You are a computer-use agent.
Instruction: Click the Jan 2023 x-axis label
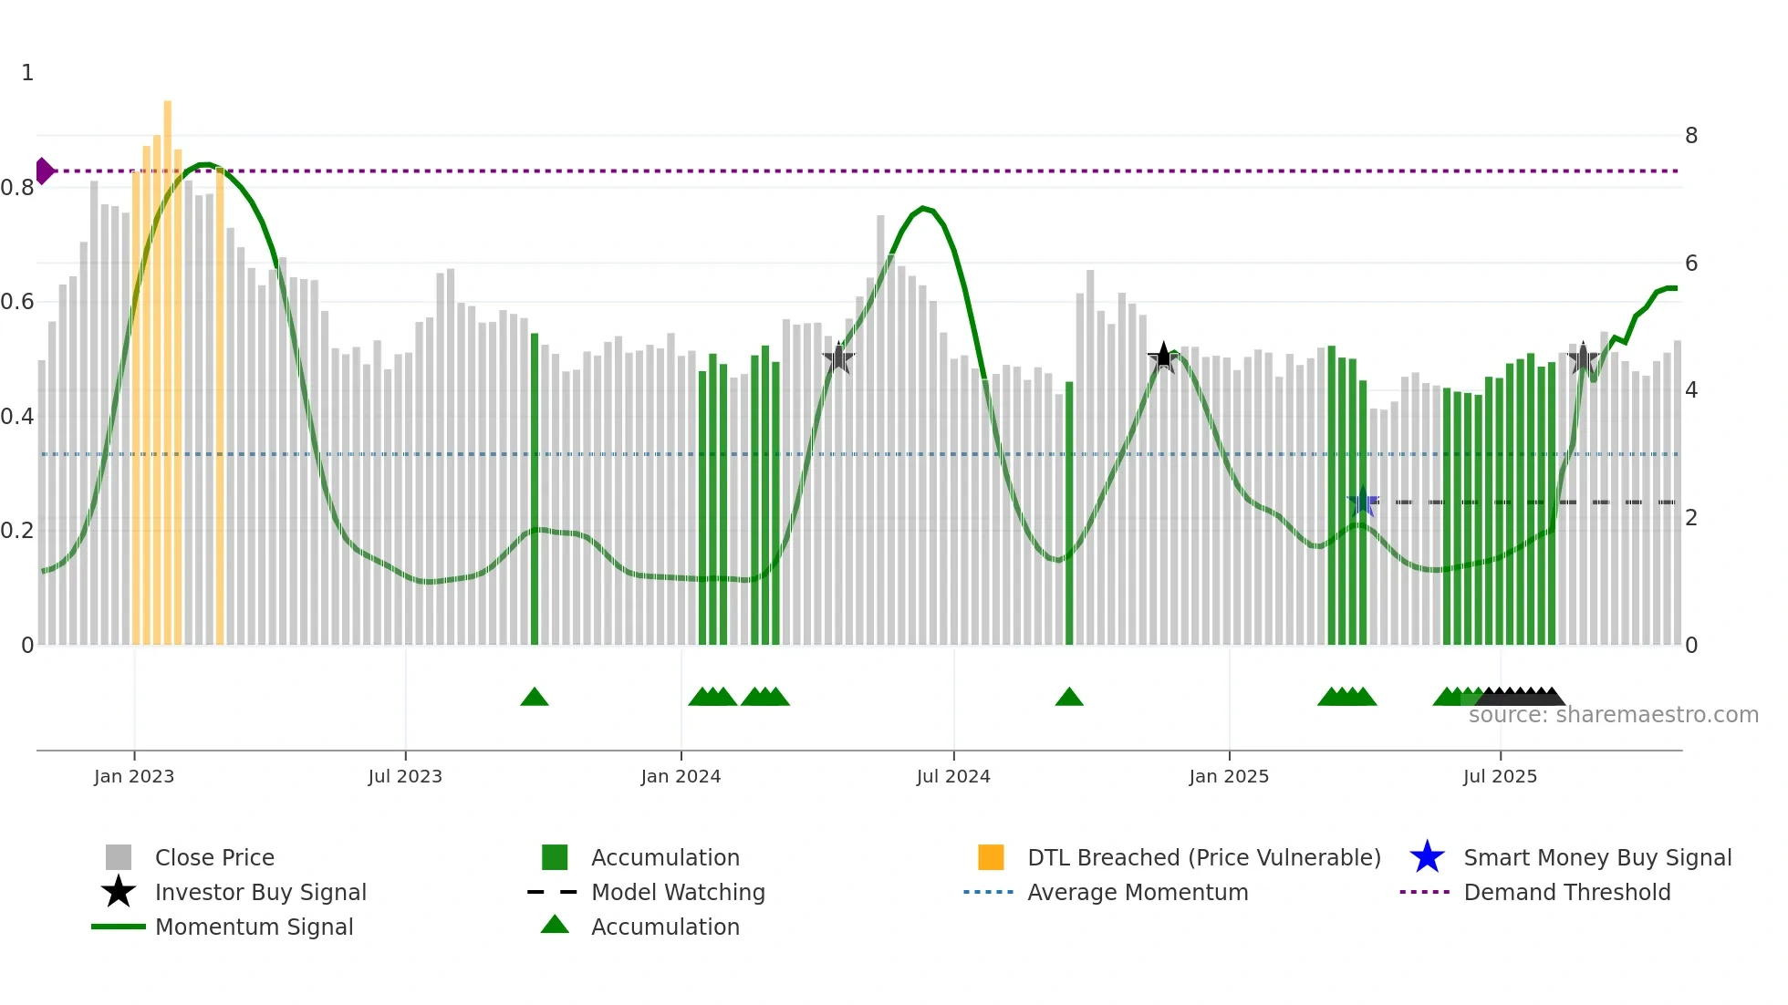coord(134,776)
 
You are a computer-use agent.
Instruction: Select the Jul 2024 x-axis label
coord(953,776)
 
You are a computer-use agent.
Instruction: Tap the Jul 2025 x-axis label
coord(1500,776)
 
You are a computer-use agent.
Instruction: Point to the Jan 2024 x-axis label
coord(681,776)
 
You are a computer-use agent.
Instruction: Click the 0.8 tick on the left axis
coord(17,188)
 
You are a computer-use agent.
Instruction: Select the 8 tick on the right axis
coord(1691,136)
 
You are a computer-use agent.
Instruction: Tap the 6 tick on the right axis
coord(1691,264)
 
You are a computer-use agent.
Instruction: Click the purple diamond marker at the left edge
coord(44,171)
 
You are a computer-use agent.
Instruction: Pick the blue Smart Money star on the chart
coord(1363,502)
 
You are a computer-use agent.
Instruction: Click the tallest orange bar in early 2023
coord(168,365)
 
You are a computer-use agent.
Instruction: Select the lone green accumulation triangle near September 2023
coord(535,698)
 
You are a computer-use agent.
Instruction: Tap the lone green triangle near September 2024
coord(1069,698)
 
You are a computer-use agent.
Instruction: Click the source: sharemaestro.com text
coord(1613,715)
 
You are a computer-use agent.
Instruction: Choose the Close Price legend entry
coord(214,857)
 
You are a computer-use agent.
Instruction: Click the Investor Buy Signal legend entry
coord(260,892)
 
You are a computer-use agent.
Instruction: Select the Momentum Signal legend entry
coord(254,927)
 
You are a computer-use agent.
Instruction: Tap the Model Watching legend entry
coord(678,892)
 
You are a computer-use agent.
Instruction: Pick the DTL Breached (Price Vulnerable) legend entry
coord(1203,857)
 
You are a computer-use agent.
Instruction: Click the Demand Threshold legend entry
coord(1566,892)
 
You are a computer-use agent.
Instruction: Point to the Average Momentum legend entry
coord(1138,892)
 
